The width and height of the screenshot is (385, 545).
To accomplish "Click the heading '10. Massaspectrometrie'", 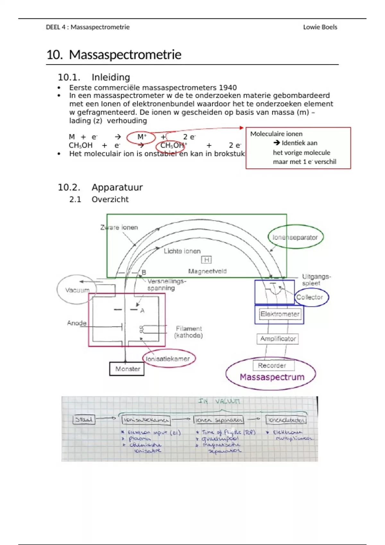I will tap(114, 55).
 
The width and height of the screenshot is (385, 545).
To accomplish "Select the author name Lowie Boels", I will tap(320, 27).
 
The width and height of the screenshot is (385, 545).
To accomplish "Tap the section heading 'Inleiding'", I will tap(111, 77).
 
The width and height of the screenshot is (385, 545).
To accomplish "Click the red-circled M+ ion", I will tap(141, 137).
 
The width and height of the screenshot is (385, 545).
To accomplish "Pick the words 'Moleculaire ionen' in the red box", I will tap(276, 134).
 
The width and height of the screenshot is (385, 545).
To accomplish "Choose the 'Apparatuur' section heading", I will tap(117, 187).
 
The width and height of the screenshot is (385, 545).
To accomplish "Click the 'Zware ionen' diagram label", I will tap(119, 227).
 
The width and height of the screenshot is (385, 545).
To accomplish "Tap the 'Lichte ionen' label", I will tap(182, 251).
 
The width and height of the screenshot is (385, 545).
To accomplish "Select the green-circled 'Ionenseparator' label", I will tap(295, 237).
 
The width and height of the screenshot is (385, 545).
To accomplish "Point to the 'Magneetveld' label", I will tap(207, 271).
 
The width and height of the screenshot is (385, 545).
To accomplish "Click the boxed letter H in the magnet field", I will tap(206, 260).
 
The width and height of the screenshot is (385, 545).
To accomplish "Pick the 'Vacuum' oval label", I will tap(77, 290).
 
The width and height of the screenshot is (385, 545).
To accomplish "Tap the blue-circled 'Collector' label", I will tap(310, 297).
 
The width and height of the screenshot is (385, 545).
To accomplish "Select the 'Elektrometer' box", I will tap(280, 314).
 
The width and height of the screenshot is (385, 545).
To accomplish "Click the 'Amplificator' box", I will tap(278, 339).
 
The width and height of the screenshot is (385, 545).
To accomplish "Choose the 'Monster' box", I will tap(127, 369).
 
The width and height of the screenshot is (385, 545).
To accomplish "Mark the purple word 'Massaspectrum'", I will tap(272, 377).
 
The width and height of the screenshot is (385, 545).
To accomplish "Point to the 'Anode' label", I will tap(77, 323).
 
